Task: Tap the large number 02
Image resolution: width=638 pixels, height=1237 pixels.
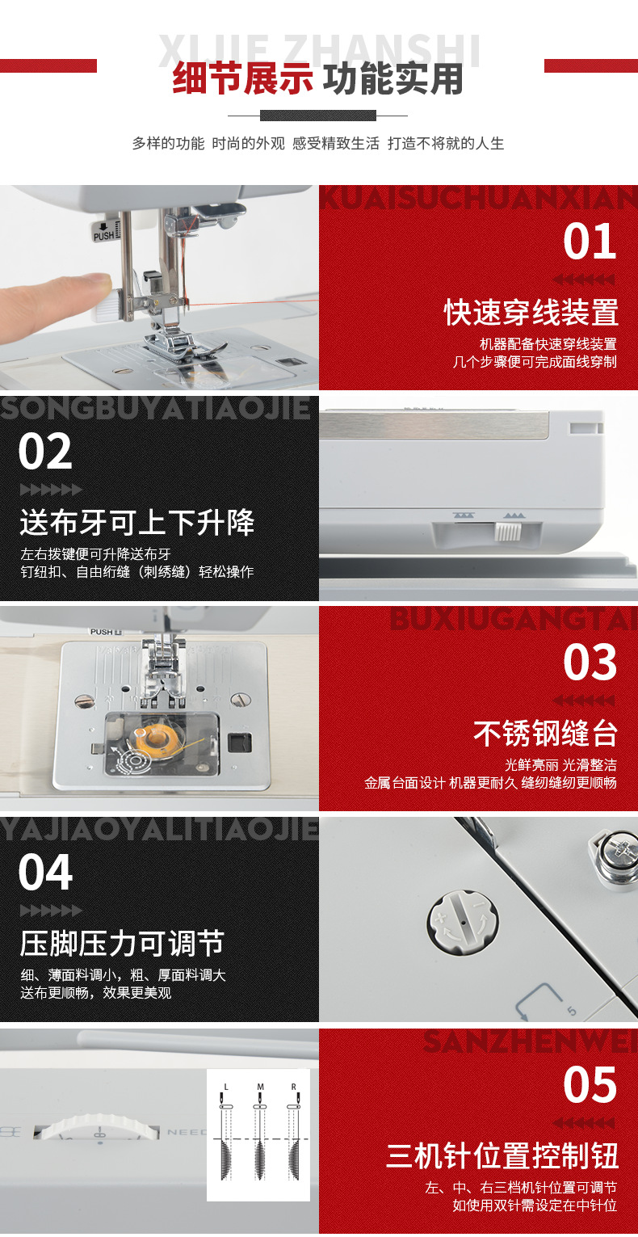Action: pos(46,452)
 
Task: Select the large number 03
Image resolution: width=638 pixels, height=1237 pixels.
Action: pos(590,663)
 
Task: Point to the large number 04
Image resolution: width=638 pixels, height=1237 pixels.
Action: pos(46,873)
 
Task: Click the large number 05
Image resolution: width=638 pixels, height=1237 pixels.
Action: pos(590,1084)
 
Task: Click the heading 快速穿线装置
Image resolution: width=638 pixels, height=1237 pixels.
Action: pos(531,313)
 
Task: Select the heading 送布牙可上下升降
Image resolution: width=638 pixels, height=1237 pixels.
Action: pos(137,523)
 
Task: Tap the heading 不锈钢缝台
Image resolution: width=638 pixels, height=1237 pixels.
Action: pos(545,734)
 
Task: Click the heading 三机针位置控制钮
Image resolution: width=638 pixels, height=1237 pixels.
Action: pos(502,1155)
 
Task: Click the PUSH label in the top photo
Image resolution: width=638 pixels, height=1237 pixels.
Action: pos(104,236)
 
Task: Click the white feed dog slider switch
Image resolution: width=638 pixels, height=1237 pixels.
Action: pos(507,532)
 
